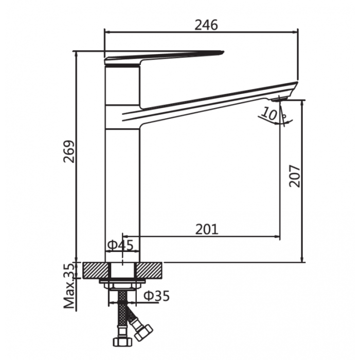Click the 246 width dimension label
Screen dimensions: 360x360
[x=206, y=25]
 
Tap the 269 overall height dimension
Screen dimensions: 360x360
[x=69, y=151]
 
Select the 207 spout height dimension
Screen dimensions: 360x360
[x=295, y=176]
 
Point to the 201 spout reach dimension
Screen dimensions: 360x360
[x=207, y=229]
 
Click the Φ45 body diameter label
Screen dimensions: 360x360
[x=120, y=245]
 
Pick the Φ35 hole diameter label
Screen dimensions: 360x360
[x=157, y=296]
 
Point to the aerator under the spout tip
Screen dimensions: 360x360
[x=279, y=99]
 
